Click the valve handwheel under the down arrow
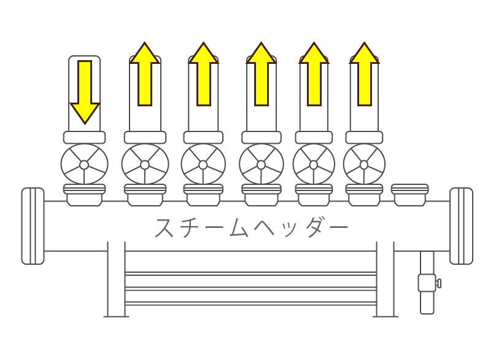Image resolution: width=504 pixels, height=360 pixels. coord(84,164)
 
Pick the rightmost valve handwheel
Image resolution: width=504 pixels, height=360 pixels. coord(364,164)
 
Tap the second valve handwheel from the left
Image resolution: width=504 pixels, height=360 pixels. coord(145,164)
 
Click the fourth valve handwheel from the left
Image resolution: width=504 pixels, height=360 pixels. coord(262,164)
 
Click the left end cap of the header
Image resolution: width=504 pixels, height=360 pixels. coord(33,226)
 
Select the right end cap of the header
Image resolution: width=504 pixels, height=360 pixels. coord(461,226)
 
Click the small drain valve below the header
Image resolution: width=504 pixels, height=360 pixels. coord(427,283)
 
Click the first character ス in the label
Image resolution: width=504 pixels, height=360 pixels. coord(166,228)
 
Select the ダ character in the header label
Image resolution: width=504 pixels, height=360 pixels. coord(316,228)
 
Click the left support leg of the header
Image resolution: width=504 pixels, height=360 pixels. coord(116,280)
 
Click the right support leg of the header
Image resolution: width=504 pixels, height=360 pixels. coord(385,280)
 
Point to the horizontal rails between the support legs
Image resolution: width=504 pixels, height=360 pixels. coord(250,288)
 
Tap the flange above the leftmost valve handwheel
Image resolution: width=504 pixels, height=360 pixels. coord(84,138)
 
